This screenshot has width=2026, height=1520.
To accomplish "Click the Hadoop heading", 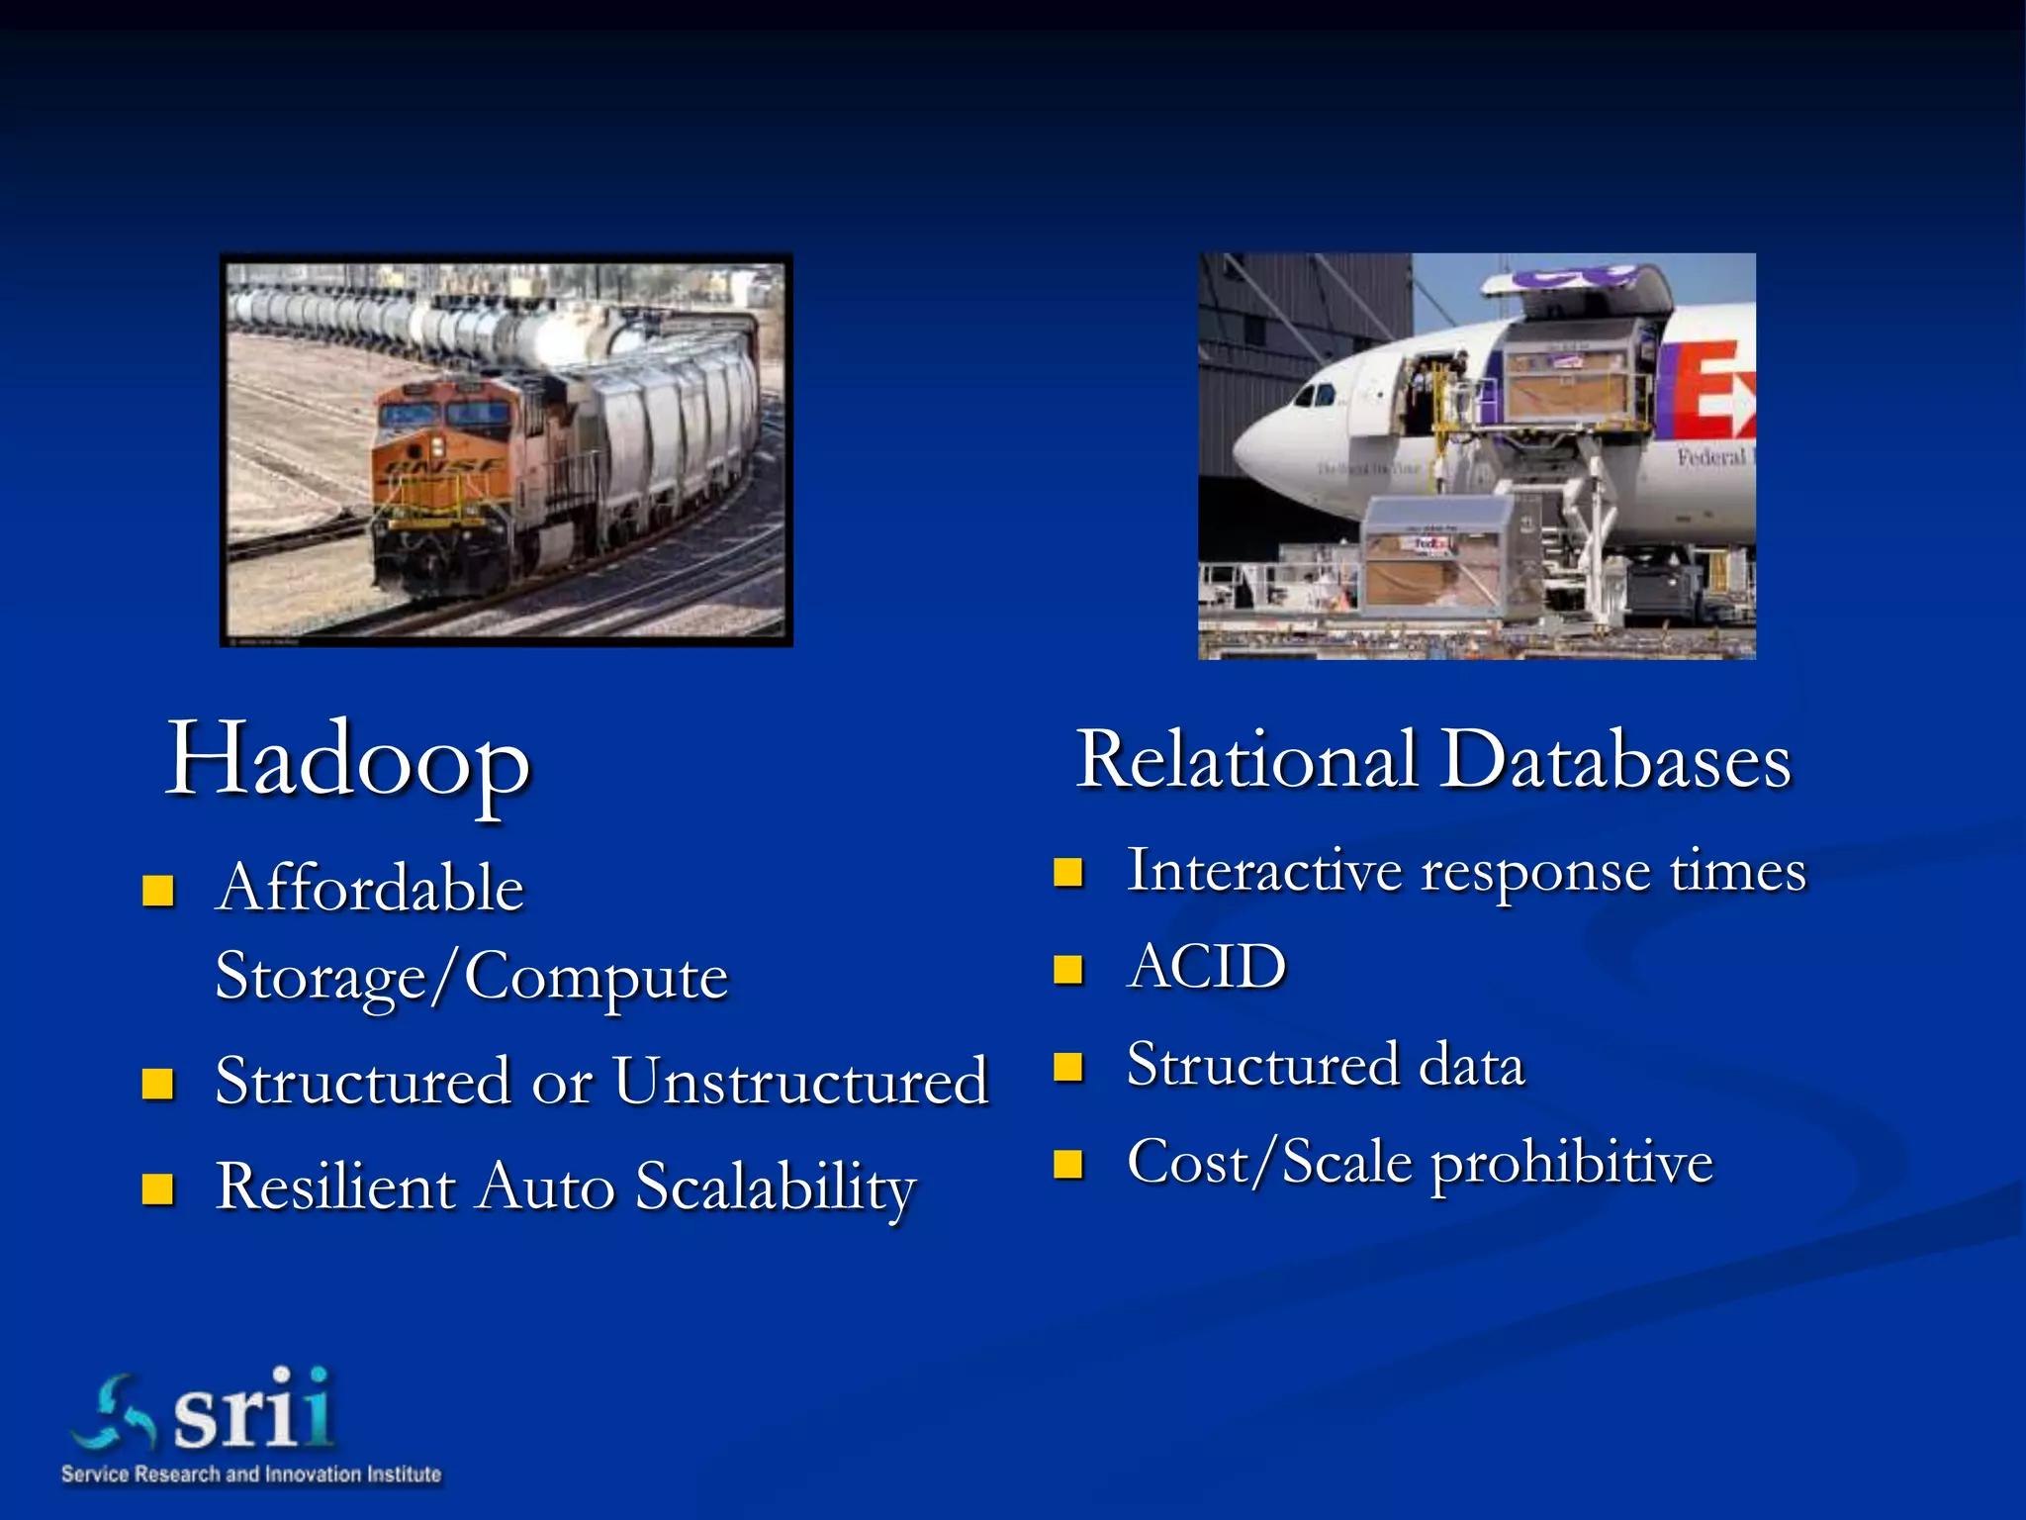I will click(x=348, y=760).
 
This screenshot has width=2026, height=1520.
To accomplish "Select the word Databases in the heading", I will click(x=1614, y=760).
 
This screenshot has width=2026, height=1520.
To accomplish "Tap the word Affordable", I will click(x=370, y=887).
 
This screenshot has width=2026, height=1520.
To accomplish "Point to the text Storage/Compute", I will click(x=472, y=976).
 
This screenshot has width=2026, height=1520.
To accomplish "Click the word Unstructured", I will click(x=801, y=1081).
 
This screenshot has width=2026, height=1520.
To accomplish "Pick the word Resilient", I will click(x=335, y=1186).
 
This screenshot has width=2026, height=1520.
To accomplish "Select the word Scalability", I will click(x=776, y=1187).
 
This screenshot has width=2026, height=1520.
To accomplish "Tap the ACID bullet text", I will click(x=1207, y=967).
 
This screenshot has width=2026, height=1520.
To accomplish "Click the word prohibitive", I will click(x=1572, y=1163).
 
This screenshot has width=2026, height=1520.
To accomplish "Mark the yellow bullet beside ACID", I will click(x=1068, y=969).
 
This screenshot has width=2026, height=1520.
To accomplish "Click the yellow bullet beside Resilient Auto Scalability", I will click(x=158, y=1187).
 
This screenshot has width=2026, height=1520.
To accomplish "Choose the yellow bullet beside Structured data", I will click(x=1068, y=1067).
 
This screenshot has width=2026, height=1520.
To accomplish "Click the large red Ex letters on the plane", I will click(x=1719, y=391).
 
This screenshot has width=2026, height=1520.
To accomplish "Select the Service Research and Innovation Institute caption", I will click(x=251, y=1474).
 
